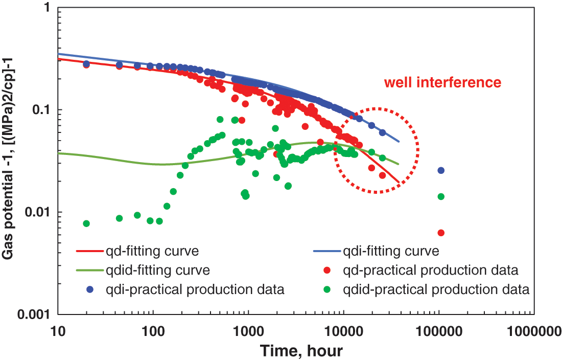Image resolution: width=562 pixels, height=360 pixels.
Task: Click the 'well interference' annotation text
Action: [x=442, y=82]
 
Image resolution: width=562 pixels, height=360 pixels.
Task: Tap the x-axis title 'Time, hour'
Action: [x=300, y=350]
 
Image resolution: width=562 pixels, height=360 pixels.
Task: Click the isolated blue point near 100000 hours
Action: [x=441, y=170]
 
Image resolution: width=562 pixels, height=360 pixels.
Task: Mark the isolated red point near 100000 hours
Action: [x=441, y=233]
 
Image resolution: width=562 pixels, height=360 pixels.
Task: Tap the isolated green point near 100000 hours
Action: [x=441, y=196]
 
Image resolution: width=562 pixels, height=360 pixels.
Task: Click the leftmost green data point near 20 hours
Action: [x=86, y=223]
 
